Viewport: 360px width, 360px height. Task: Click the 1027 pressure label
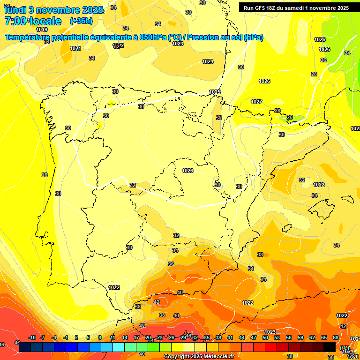(256, 102)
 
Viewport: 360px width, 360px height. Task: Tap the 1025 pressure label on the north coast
(215, 92)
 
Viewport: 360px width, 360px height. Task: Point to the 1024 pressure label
(208, 61)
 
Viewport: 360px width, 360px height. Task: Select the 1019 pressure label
(42, 29)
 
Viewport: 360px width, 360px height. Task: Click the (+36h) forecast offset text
(81, 21)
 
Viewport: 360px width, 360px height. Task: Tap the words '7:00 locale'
(33, 21)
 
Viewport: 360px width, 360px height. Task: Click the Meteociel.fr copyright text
(199, 357)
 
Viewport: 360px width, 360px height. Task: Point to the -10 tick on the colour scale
(32, 337)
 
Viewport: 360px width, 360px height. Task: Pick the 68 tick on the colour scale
(336, 337)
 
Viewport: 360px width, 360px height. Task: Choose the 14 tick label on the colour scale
(125, 337)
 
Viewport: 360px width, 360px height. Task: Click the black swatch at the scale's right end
(330, 347)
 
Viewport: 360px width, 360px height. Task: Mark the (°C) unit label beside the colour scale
(344, 348)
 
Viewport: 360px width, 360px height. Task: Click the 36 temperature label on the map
(171, 264)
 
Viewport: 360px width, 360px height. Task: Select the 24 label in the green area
(347, 53)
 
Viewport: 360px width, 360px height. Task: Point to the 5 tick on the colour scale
(88, 337)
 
